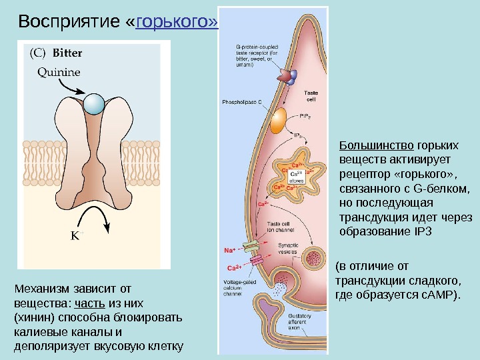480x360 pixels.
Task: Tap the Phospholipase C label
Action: click(x=241, y=103)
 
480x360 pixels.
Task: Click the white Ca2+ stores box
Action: click(x=297, y=176)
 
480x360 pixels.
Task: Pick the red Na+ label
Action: click(x=229, y=251)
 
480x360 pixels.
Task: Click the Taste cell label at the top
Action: click(x=311, y=96)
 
